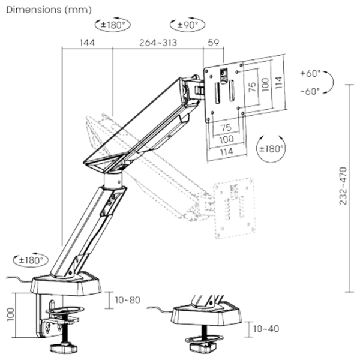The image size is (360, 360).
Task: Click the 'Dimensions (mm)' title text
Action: point(49,10)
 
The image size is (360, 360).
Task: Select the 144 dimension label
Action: point(87,43)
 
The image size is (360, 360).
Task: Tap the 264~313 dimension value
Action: point(158,43)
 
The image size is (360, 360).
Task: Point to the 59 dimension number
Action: point(214,43)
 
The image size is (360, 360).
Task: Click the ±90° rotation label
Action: point(188,25)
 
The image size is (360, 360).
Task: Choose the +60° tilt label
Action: point(311,73)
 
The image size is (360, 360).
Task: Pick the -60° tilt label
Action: point(311,91)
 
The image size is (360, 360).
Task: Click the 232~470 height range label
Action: point(343,186)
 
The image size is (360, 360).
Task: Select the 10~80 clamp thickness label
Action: point(128,300)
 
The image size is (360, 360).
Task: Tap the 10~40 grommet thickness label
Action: point(266,329)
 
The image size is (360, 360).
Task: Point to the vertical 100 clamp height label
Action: point(11,314)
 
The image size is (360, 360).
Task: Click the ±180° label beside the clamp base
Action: point(31,260)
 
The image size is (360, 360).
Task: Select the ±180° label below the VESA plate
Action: point(271,149)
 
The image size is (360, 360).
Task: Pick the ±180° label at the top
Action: point(113,25)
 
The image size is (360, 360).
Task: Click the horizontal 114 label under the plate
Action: point(227,152)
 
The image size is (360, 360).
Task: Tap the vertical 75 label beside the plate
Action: point(252,86)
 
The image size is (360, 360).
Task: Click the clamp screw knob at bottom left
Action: point(64,347)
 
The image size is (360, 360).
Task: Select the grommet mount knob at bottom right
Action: point(203,347)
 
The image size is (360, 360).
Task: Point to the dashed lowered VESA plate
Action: point(235,208)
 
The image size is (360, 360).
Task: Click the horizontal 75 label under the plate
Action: point(226,127)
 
